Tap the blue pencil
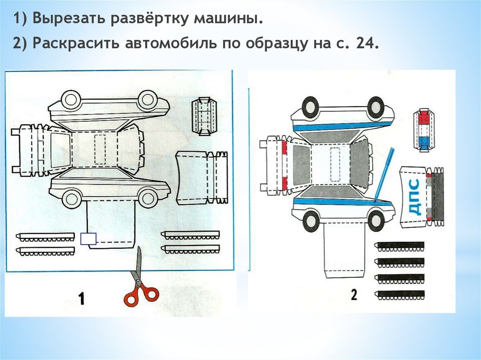tap(384, 174)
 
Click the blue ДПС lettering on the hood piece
tap(414, 197)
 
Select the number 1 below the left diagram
tap(82, 299)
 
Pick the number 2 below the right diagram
tap(354, 295)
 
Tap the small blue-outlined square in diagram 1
tap(88, 238)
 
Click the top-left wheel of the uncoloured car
tap(72, 100)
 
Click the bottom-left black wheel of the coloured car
tap(310, 220)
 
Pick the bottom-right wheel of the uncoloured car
tap(148, 197)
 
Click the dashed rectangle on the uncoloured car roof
tap(99, 149)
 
